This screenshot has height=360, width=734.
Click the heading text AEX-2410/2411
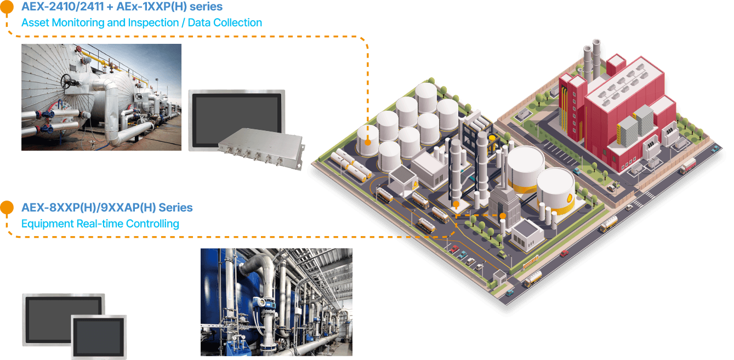click(x=62, y=7)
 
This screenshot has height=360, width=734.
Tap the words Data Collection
click(x=225, y=22)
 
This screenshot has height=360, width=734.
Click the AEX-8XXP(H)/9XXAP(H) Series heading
click(x=107, y=208)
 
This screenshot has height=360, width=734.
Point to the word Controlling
click(x=152, y=224)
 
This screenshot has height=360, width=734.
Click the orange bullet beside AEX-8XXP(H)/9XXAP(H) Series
click(x=7, y=207)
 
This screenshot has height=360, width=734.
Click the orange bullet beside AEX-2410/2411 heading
click(x=7, y=7)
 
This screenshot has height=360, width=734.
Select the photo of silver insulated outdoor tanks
click(x=101, y=98)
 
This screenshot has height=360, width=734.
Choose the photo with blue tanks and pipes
click(x=276, y=302)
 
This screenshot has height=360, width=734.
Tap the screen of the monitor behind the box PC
click(x=237, y=118)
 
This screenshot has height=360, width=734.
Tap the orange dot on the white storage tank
click(x=368, y=142)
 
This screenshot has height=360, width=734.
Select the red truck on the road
click(x=688, y=166)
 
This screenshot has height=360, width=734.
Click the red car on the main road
click(x=564, y=253)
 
